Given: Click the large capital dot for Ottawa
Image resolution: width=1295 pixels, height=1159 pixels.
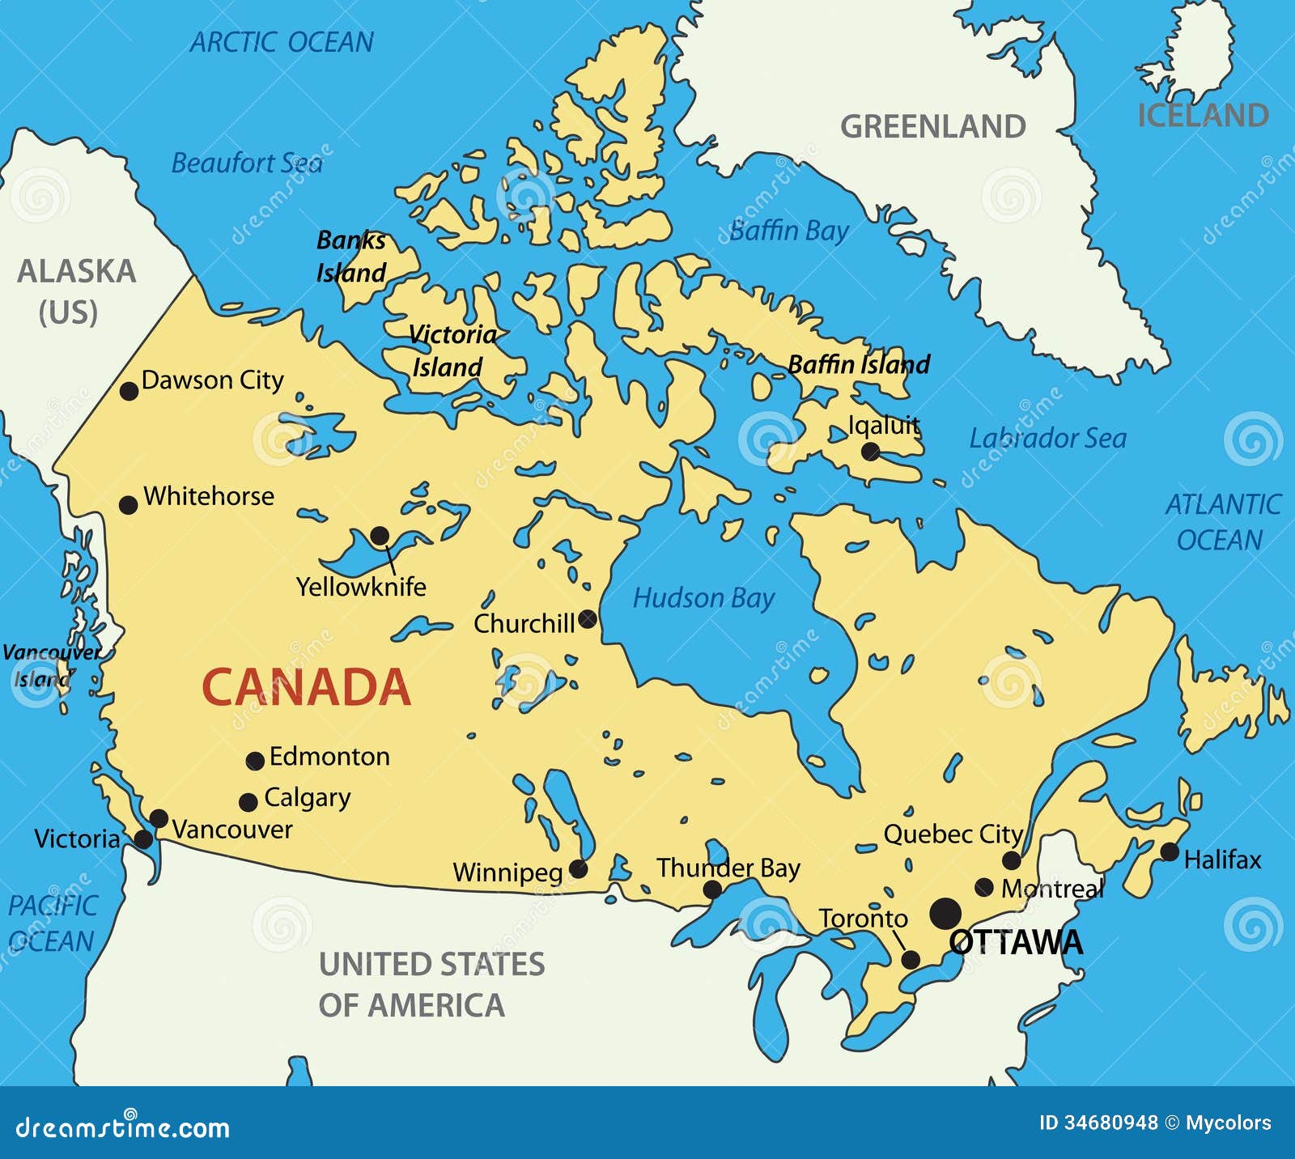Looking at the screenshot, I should click(945, 913).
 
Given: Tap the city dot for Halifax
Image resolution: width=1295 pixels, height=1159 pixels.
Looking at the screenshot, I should click(1170, 851).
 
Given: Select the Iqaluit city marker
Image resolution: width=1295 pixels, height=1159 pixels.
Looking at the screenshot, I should click(870, 452).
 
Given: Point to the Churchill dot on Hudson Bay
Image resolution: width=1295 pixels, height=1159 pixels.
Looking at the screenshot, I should click(588, 619).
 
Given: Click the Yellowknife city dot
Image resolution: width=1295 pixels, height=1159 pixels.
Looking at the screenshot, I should click(380, 535).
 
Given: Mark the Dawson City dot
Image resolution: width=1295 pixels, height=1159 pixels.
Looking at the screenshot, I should click(129, 391).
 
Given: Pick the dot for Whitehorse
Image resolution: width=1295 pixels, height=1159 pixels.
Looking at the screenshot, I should click(128, 505).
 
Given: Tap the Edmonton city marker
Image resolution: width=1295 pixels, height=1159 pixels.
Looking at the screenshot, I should click(255, 761).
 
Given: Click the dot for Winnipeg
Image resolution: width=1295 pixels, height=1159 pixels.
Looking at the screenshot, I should click(578, 869).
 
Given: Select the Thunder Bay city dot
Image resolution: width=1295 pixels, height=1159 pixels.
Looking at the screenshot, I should click(712, 890).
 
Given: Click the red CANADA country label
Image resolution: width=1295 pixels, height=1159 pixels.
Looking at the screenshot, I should click(306, 687).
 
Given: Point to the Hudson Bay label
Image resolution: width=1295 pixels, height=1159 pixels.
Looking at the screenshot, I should click(703, 598).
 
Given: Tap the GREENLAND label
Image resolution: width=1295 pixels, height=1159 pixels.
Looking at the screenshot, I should click(932, 127).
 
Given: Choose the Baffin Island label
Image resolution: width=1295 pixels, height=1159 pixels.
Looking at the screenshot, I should click(859, 364).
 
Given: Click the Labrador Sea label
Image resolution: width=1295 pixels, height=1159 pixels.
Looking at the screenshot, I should click(1047, 439).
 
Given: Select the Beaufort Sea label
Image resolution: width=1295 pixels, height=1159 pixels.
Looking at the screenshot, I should click(247, 163).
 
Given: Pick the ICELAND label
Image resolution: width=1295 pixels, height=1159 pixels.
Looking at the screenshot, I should click(1203, 116).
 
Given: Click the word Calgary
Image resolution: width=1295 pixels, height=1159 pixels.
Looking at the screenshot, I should click(308, 798).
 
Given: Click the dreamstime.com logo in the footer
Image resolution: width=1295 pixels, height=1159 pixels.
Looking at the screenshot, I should click(123, 1126).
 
